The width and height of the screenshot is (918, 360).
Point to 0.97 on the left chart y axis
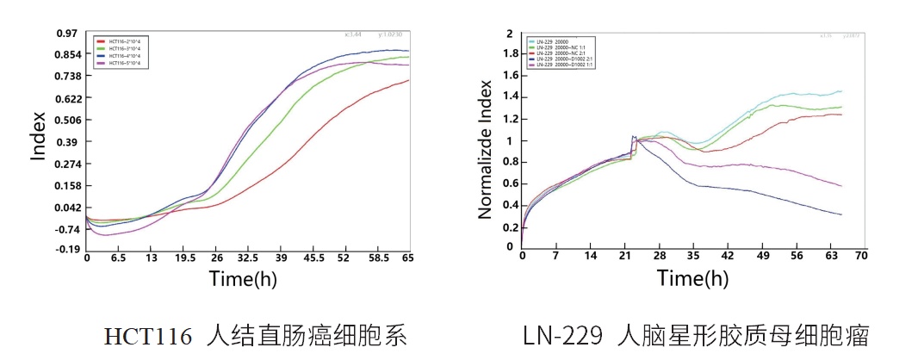[x=67, y=33]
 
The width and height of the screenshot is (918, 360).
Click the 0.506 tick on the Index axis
[x=65, y=120]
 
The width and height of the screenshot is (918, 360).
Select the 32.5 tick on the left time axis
[x=248, y=258]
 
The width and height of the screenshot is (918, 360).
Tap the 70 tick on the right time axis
[x=860, y=256]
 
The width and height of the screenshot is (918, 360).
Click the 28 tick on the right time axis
[x=661, y=256]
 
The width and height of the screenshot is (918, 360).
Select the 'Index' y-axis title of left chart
[x=39, y=137]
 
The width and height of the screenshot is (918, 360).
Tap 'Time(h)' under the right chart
[x=692, y=277]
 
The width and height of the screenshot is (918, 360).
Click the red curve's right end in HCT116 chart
[x=408, y=80]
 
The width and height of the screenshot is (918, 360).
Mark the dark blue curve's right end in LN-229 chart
[x=840, y=214]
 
